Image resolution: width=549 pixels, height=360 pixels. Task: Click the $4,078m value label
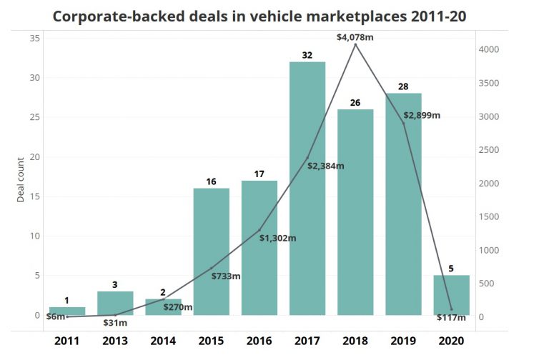(355, 36)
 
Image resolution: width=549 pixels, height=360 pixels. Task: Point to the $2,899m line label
(422, 115)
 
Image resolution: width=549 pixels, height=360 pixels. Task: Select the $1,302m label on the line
(278, 238)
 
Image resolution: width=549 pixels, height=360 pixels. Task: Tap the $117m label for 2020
(451, 318)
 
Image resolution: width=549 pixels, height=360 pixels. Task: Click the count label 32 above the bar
(307, 55)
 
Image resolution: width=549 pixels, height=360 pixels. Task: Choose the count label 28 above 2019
(403, 86)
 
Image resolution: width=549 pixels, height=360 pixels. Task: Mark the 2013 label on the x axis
(116, 341)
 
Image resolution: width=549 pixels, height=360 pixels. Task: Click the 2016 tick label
(259, 341)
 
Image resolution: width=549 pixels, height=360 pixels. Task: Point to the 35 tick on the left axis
(35, 39)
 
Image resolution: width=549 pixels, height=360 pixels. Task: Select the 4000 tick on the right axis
(489, 50)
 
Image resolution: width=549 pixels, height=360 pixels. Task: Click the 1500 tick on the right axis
(489, 217)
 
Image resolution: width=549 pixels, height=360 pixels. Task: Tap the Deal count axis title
(21, 177)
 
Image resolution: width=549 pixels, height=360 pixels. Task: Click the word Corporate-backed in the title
(114, 16)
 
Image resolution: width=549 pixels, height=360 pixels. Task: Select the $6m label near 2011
(56, 316)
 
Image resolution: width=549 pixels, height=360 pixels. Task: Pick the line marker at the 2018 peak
(355, 44)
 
